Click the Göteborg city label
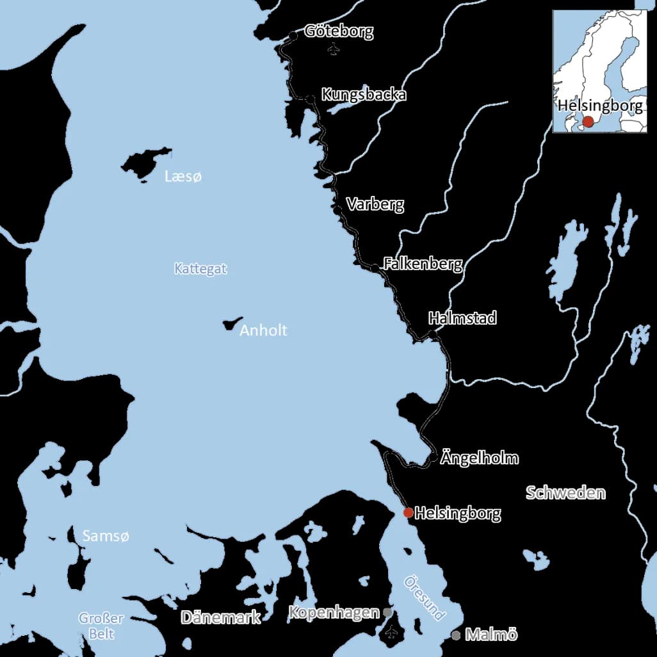(339, 31)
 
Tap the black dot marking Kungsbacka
(311, 99)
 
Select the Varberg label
(375, 204)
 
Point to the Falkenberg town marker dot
(375, 267)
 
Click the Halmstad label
(462, 318)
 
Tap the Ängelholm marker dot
(434, 458)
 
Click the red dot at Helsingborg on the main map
(408, 512)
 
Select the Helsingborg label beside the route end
(457, 513)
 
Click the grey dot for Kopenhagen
(387, 612)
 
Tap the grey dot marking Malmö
(455, 635)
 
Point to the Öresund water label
(425, 597)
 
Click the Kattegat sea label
(200, 269)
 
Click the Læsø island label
(182, 177)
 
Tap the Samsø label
(106, 536)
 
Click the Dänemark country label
(220, 617)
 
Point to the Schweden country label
(565, 492)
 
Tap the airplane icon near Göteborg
(332, 49)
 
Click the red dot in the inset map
(588, 121)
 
